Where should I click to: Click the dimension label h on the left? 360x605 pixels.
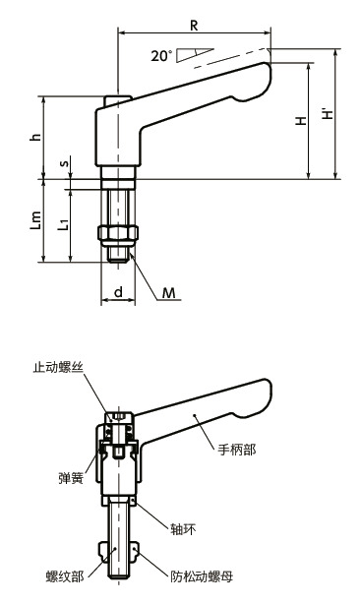[x=35, y=138]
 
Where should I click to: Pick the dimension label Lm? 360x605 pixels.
[x=35, y=221]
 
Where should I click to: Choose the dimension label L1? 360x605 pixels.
[x=63, y=224]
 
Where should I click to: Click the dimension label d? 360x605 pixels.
[x=118, y=291]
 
